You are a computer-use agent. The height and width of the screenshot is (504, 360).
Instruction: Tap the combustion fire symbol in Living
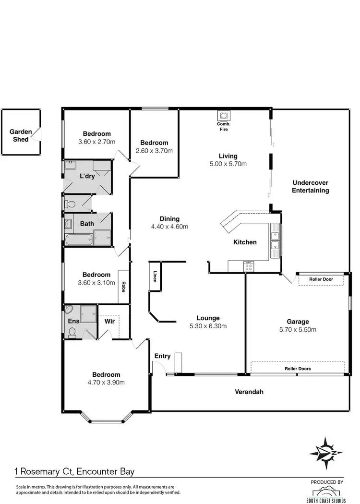pyautogui.click(x=224, y=116)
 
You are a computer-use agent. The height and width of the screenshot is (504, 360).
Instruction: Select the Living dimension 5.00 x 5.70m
pyautogui.click(x=228, y=164)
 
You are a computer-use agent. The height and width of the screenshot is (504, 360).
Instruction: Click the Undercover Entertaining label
pyautogui.click(x=311, y=186)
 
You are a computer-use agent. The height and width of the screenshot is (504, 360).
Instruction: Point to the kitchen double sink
pyautogui.click(x=275, y=240)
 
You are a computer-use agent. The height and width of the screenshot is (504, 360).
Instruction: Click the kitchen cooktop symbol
pyautogui.click(x=249, y=266)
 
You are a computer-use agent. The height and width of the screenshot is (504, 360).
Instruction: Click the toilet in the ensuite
pyautogui.click(x=72, y=332)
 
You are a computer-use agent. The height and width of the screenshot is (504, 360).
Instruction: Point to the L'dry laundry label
pyautogui.click(x=87, y=177)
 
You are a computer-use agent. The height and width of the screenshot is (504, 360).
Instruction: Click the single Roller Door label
pyautogui.click(x=321, y=279)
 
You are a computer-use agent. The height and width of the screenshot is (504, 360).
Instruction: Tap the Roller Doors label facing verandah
pyautogui.click(x=298, y=369)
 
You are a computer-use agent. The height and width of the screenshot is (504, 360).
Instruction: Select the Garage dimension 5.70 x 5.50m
pyautogui.click(x=298, y=330)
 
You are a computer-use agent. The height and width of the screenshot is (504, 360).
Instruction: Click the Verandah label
pyautogui.click(x=249, y=392)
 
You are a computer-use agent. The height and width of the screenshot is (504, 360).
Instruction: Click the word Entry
pyautogui.click(x=162, y=356)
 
